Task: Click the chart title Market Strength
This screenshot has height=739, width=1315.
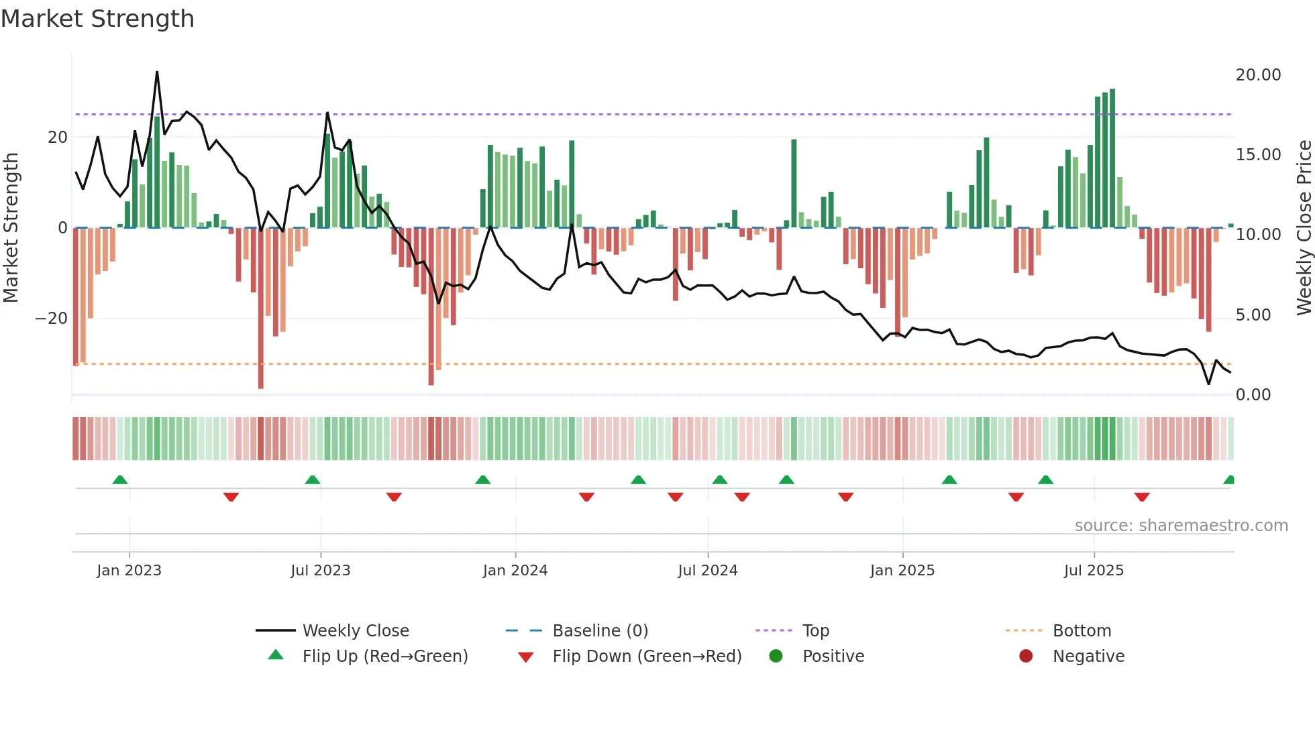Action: [97, 19]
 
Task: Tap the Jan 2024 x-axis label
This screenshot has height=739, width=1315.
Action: [515, 571]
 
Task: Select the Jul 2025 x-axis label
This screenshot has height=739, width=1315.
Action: [1093, 571]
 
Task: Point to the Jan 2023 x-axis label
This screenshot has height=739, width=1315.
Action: [129, 571]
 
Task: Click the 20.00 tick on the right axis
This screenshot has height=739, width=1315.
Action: [1258, 75]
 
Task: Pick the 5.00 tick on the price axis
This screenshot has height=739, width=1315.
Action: [1253, 315]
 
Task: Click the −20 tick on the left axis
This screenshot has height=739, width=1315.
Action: [52, 319]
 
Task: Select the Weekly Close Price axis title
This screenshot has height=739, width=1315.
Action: [1304, 227]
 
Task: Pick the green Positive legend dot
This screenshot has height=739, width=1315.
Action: [776, 657]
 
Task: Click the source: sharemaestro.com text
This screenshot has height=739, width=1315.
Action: [1181, 526]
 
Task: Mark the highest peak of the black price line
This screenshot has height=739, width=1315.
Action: [157, 72]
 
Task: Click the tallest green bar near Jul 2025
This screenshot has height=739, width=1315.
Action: [1112, 158]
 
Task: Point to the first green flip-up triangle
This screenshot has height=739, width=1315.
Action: [120, 479]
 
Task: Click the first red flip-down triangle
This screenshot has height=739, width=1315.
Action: [231, 497]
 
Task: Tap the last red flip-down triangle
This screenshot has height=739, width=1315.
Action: [1142, 497]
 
